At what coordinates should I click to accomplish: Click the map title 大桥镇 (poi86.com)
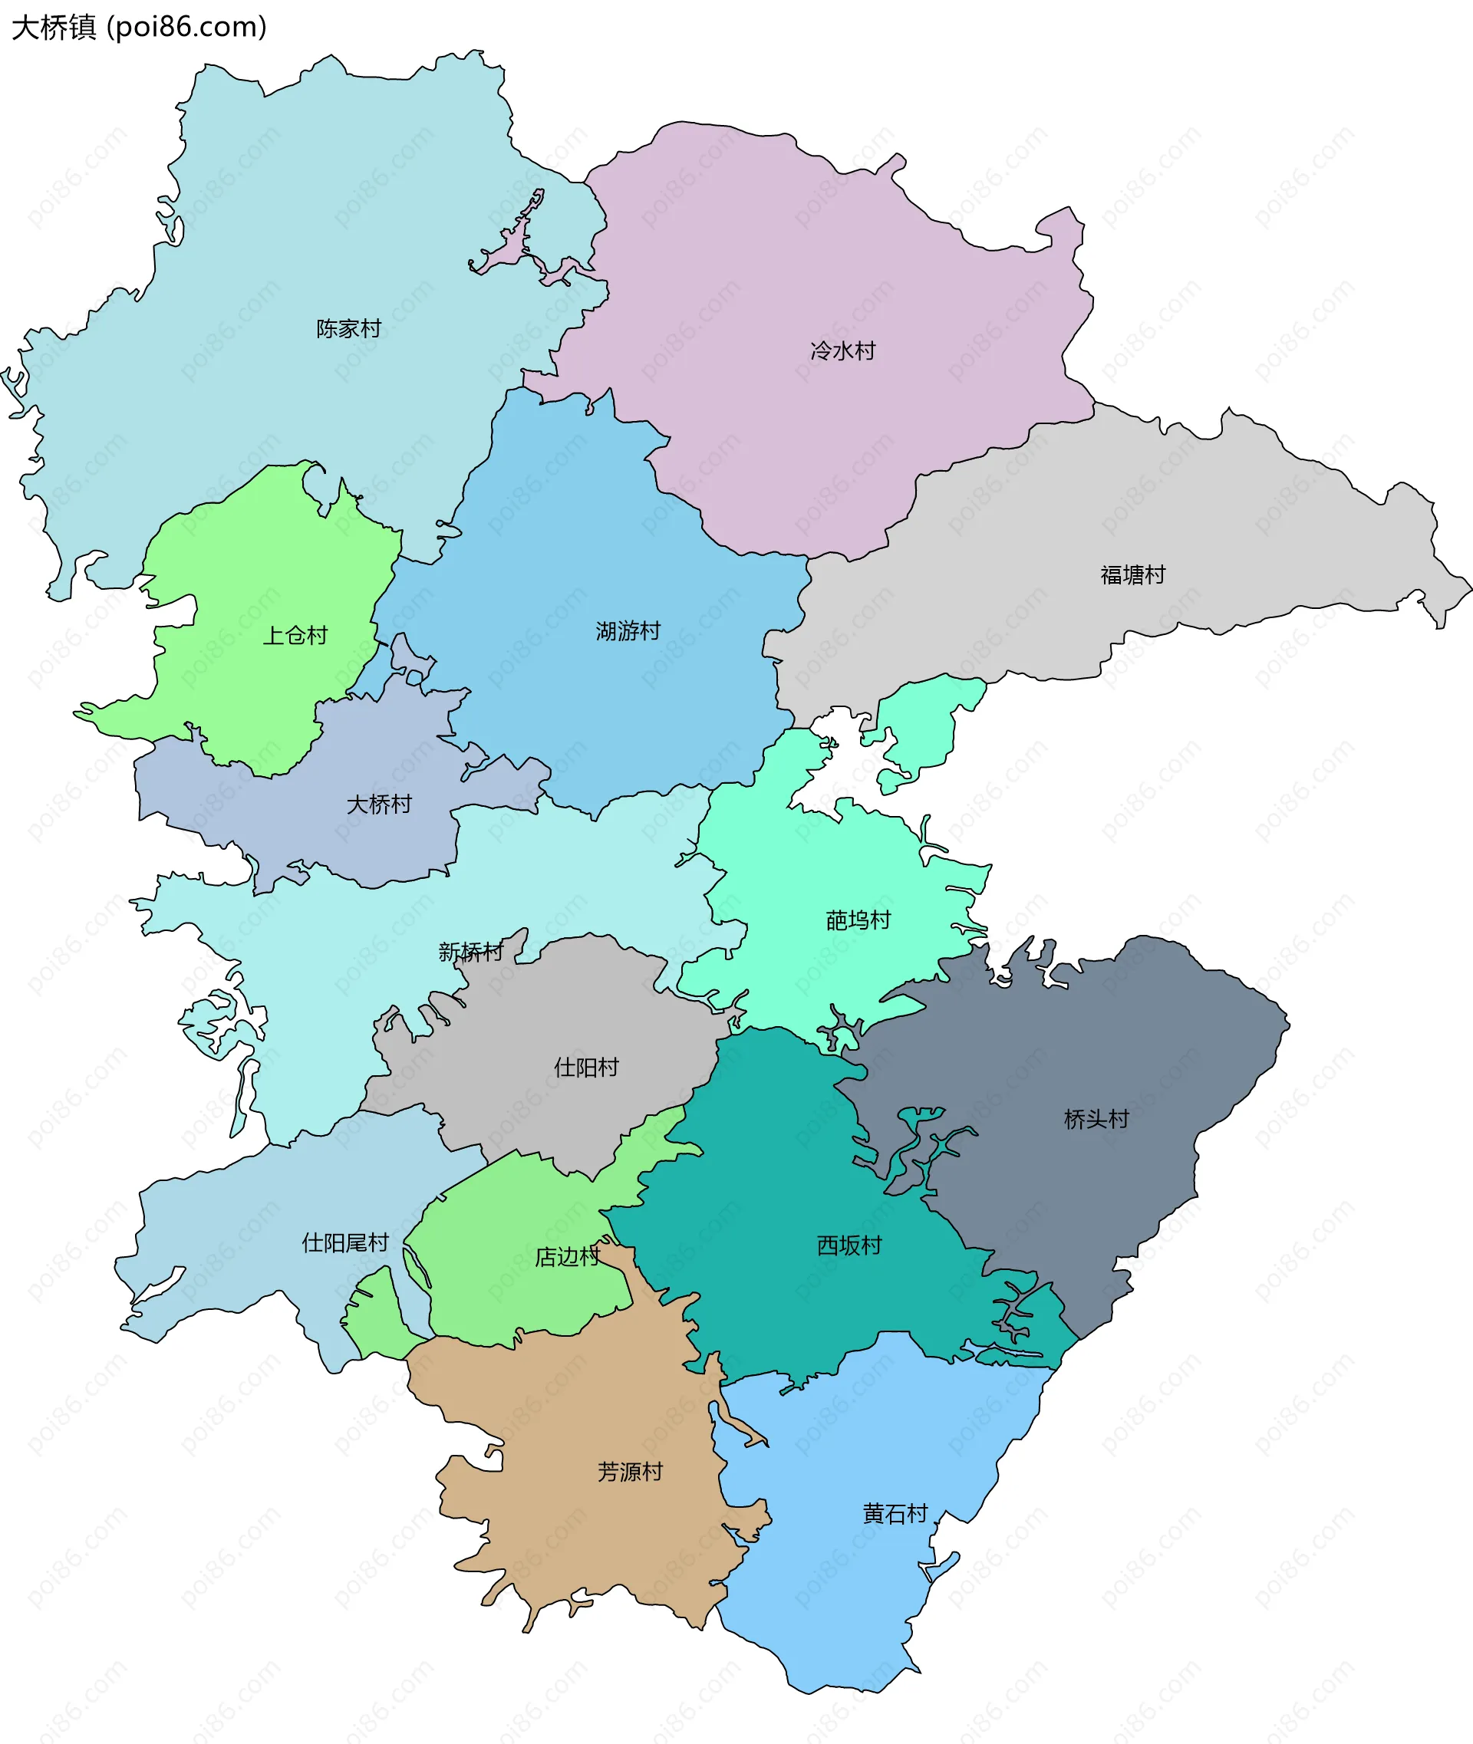click(139, 28)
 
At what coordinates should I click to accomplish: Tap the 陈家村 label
click(348, 329)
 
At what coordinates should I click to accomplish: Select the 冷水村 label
click(842, 350)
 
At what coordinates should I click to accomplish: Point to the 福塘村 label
click(1132, 575)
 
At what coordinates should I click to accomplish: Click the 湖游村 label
click(628, 631)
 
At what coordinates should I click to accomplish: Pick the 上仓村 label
click(295, 636)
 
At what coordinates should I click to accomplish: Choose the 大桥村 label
click(379, 805)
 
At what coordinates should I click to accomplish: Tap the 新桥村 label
click(471, 953)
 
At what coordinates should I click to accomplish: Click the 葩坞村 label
click(858, 921)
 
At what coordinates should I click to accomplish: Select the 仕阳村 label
click(586, 1068)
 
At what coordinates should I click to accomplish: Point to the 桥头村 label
click(1096, 1120)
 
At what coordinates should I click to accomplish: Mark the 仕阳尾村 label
click(345, 1243)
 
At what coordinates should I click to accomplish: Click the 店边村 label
click(567, 1257)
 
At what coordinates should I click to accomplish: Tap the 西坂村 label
click(849, 1245)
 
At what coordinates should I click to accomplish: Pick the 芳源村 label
click(630, 1472)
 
